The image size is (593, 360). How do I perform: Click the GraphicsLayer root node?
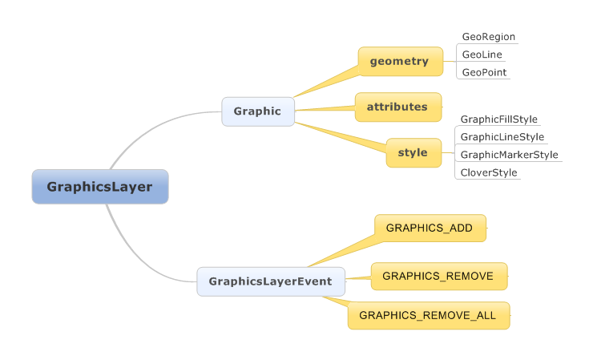tap(99, 187)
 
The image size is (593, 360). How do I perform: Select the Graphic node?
tap(257, 111)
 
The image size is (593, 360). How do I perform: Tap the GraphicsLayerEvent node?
tap(271, 281)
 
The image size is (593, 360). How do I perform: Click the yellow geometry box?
tap(399, 61)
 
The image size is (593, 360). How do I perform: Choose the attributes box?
tap(398, 107)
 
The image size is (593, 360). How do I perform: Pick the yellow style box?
tap(413, 152)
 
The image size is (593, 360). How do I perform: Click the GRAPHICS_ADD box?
tap(429, 228)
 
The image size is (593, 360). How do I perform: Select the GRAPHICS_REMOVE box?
tap(438, 276)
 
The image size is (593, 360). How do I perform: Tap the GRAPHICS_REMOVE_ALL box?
tap(427, 315)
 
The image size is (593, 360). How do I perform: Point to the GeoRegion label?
tap(488, 37)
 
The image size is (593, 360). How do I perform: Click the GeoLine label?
tap(481, 55)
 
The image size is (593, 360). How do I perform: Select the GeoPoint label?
tap(484, 72)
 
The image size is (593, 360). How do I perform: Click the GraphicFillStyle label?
tap(498, 119)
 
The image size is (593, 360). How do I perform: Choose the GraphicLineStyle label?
tap(502, 137)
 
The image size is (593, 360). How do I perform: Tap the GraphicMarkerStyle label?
tap(509, 155)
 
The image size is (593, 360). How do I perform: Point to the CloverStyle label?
tap(488, 172)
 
